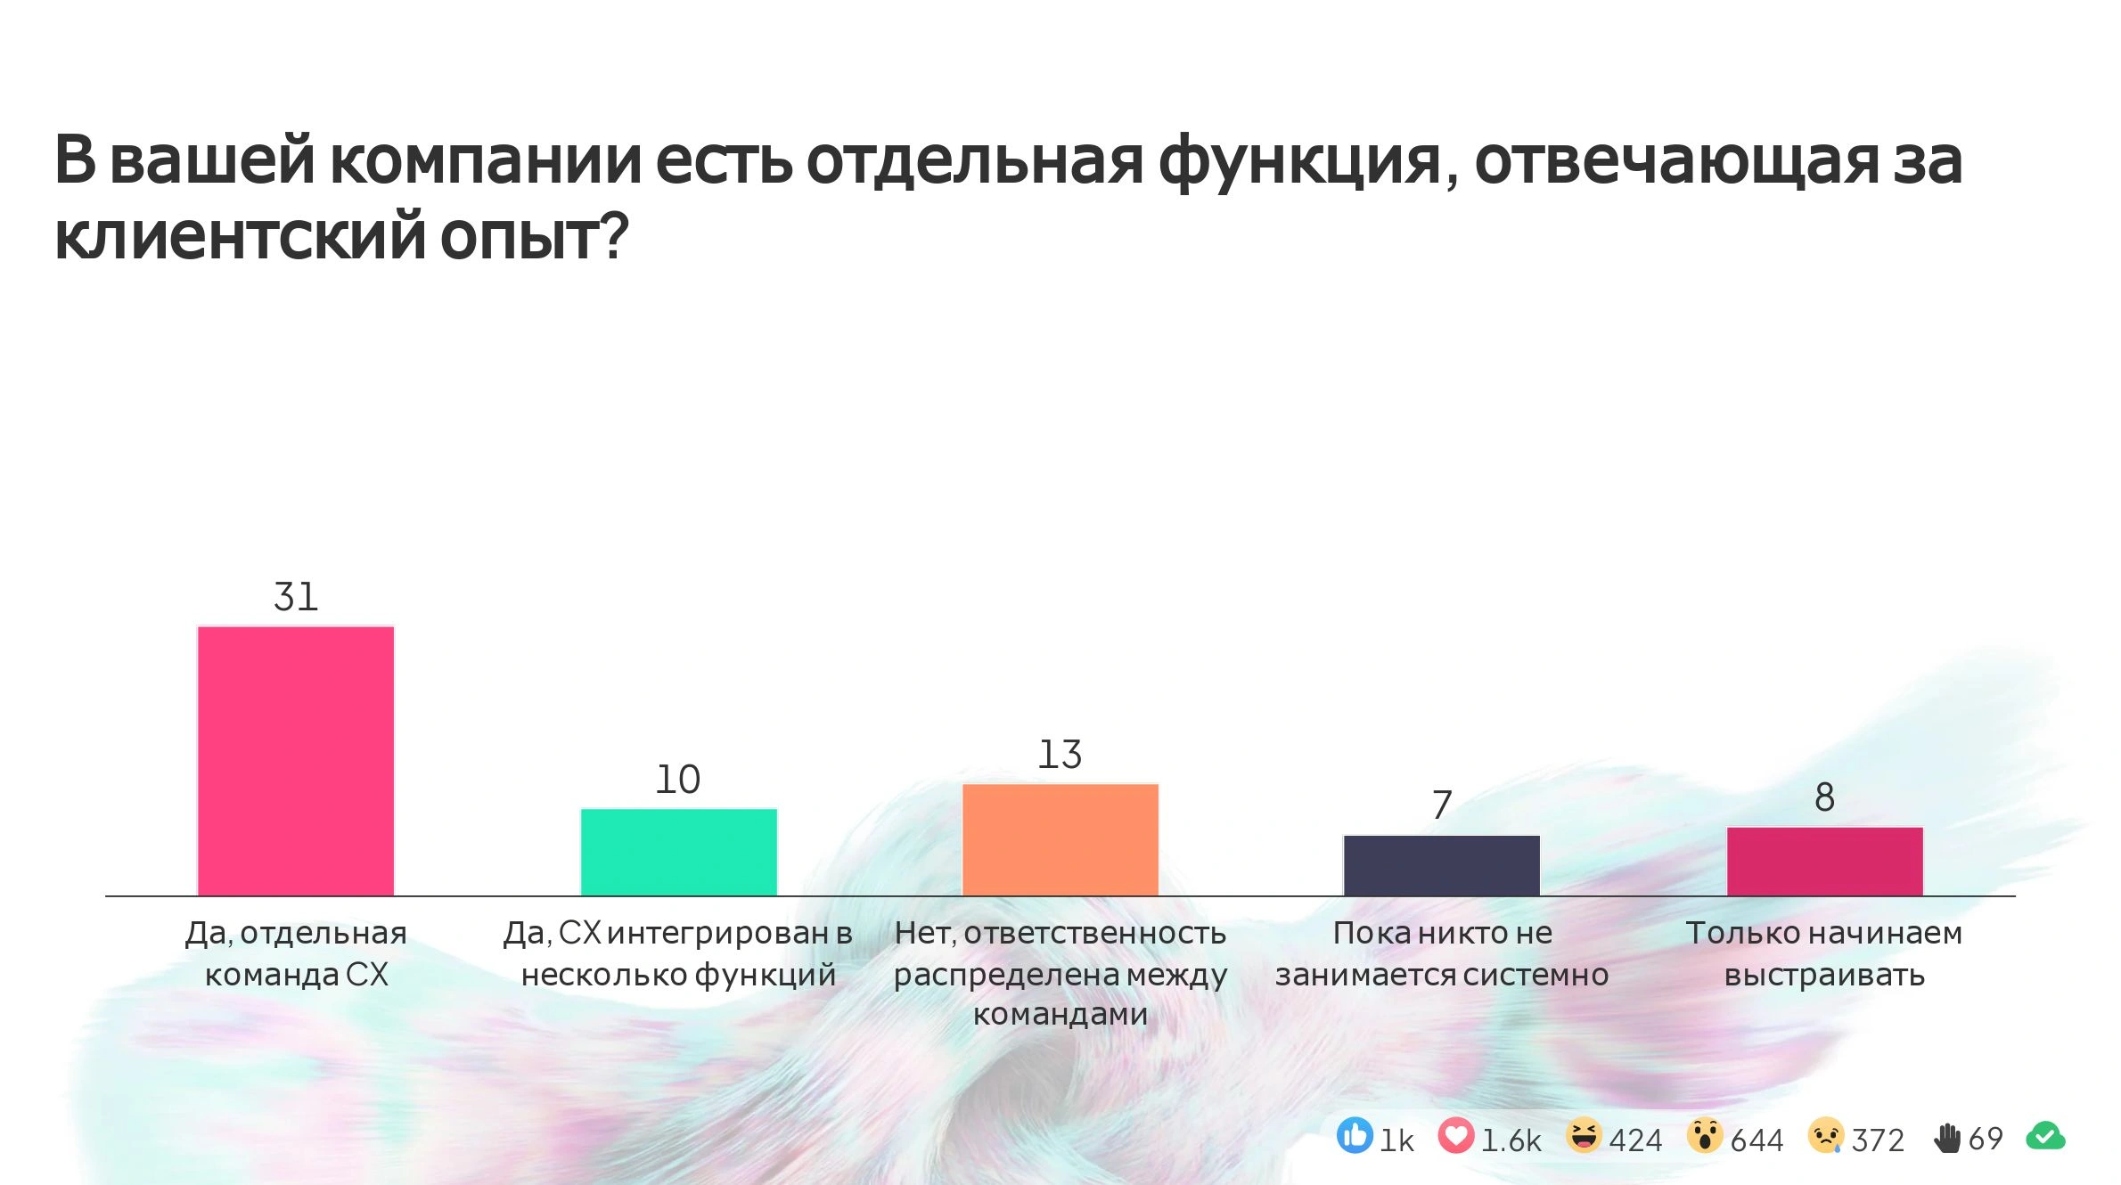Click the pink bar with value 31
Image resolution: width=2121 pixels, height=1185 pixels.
click(296, 761)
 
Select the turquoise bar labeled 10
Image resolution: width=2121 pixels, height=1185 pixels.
click(679, 852)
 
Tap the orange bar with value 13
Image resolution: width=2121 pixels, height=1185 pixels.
click(1060, 839)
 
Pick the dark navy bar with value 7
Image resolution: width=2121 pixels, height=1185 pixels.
click(1442, 865)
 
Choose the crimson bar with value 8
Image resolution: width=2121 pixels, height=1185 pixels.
click(1825, 862)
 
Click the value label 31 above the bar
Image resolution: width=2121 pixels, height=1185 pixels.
click(296, 597)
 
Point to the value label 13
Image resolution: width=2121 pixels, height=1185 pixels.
click(1060, 755)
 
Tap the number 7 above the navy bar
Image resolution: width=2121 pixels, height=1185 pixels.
click(1442, 805)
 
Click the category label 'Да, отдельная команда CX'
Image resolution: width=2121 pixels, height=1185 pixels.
click(296, 953)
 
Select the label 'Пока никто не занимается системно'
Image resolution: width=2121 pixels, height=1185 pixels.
click(1442, 953)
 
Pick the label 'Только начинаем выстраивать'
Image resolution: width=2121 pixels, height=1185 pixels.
click(1824, 953)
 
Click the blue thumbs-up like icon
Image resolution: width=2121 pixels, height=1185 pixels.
click(1355, 1136)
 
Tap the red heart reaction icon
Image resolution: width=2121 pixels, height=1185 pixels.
click(1456, 1136)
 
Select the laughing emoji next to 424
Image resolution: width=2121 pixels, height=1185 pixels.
click(1585, 1136)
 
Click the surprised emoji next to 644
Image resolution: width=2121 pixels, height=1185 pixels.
click(1705, 1136)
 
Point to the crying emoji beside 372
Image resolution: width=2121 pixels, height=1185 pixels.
click(1826, 1136)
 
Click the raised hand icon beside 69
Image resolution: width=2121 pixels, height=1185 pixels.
click(1947, 1139)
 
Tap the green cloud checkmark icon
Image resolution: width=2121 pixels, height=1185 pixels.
click(2045, 1137)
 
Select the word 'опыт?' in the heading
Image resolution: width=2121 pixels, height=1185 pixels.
click(535, 237)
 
